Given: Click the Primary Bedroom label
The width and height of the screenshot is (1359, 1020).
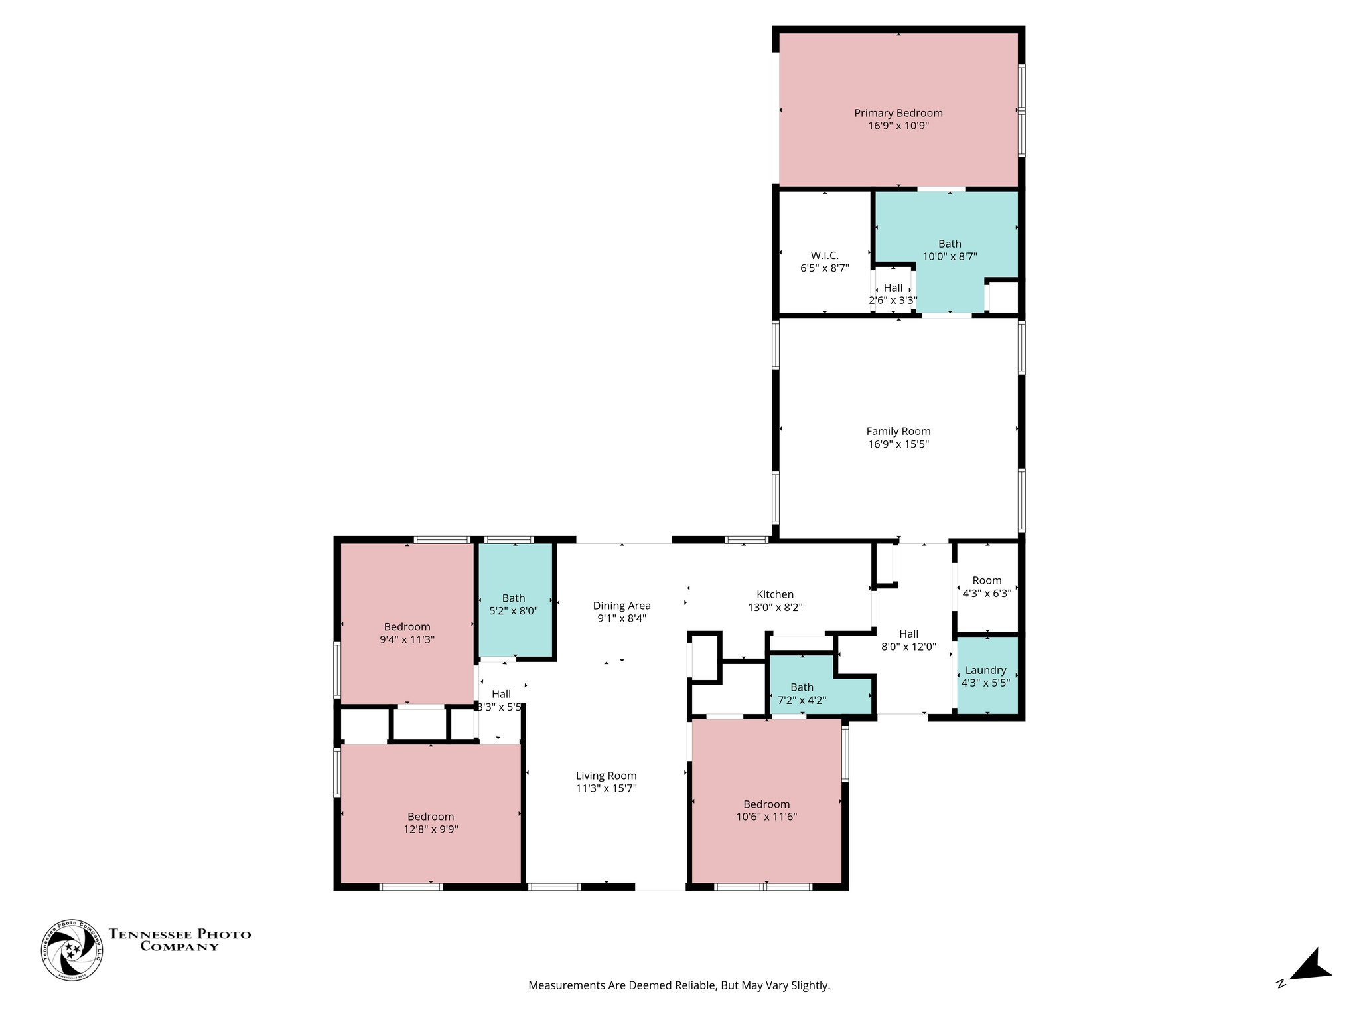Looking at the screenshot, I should click(898, 114).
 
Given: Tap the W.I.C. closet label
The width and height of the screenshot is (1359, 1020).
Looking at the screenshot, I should click(824, 256).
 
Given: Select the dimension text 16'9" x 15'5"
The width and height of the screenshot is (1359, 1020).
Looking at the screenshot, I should click(898, 444).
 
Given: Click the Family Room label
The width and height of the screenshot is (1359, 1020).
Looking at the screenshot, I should click(898, 432).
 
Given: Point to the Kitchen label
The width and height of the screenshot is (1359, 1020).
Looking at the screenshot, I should click(774, 595).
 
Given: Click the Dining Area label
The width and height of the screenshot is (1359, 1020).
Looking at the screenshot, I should click(621, 606).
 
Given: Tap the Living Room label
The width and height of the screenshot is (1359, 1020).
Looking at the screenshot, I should click(606, 776).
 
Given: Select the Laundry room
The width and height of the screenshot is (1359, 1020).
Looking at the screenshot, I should click(985, 676).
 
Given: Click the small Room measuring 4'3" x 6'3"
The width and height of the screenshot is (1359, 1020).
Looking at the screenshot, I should click(987, 586).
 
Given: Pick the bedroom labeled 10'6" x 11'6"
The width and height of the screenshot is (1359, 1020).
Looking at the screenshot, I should click(766, 810).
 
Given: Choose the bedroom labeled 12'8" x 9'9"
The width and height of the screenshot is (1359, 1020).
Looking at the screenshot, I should click(431, 823).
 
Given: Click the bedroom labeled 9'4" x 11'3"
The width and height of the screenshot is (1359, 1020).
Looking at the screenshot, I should click(407, 633).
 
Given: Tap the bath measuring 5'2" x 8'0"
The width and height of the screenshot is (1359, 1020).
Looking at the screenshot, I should click(514, 604).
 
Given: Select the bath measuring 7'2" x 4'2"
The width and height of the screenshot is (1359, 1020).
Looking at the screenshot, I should click(802, 693).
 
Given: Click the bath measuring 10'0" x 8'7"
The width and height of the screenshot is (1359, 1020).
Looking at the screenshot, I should click(950, 250).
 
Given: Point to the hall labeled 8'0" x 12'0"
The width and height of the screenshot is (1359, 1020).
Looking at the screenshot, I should click(908, 639).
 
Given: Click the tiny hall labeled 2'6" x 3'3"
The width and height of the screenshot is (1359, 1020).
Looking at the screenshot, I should click(893, 294).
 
